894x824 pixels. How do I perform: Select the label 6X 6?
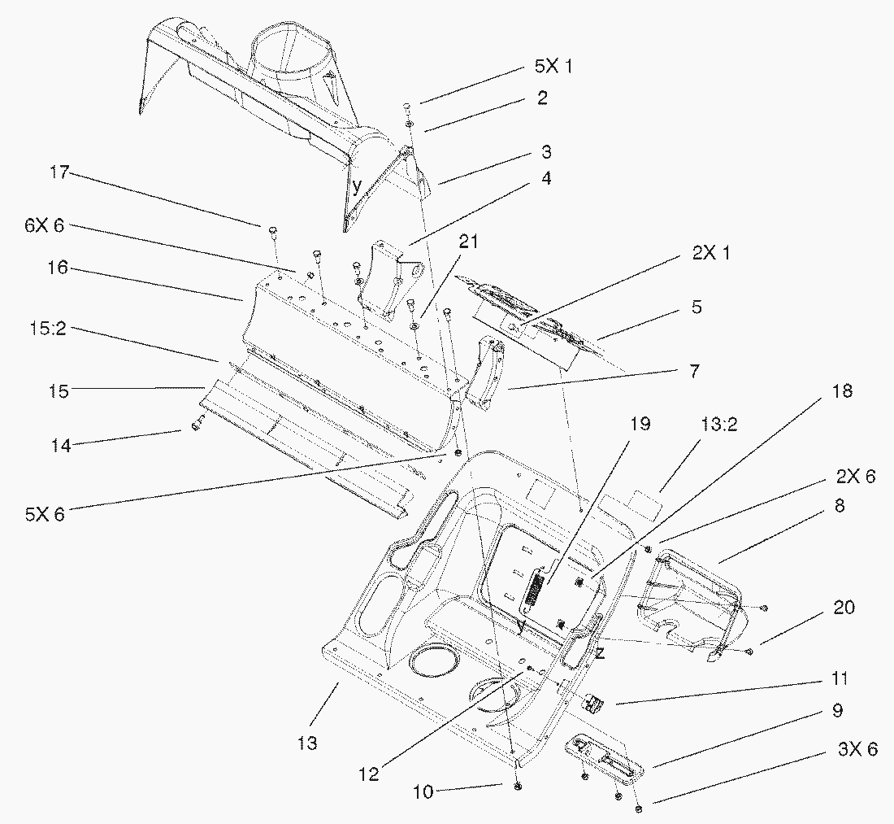[44, 226]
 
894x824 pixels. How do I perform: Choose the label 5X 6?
[44, 514]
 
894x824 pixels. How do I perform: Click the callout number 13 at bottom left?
[307, 743]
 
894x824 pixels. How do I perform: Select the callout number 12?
[368, 774]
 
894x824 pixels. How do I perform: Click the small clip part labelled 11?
[595, 701]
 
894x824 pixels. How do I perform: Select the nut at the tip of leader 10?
[517, 788]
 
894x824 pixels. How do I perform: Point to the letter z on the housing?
[600, 653]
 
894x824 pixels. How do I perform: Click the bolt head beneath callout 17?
[274, 232]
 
